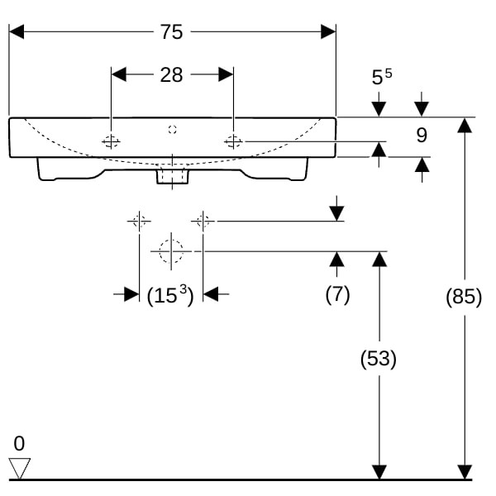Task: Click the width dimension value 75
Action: pos(171,31)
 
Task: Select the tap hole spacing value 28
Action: pos(171,75)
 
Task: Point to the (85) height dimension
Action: pos(464,296)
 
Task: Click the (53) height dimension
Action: pos(379,359)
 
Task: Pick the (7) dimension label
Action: pos(336,294)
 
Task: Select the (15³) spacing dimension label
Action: pos(169,295)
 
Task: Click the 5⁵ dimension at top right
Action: pos(381,78)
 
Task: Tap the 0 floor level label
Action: pos(19,443)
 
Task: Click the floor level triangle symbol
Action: pos(19,468)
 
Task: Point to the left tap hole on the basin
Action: pos(111,142)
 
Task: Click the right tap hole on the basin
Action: pos(233,142)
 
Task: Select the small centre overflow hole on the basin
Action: pos(172,129)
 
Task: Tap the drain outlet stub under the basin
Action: pos(172,176)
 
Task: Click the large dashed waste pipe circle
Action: pos(171,250)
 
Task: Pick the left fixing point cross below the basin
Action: pos(139,221)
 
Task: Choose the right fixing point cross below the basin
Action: pos(203,221)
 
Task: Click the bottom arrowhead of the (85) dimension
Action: pos(465,472)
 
